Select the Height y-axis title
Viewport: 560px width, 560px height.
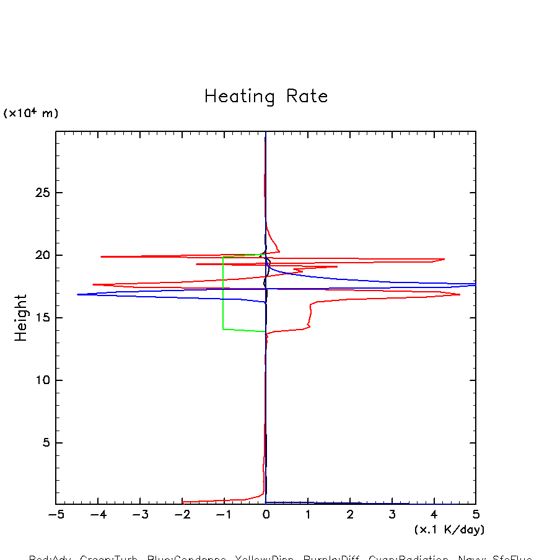click(22, 318)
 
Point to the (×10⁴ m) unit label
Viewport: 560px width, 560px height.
click(31, 113)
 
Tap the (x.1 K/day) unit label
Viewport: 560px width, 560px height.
click(449, 530)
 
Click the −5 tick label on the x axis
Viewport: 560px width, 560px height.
click(56, 515)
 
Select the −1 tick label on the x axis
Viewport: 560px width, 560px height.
click(224, 515)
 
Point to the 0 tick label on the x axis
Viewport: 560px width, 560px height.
click(266, 515)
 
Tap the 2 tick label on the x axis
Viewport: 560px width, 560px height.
click(350, 515)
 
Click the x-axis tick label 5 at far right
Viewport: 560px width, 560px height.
click(476, 515)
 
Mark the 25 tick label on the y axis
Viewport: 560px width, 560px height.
click(41, 193)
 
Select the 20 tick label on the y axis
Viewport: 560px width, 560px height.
click(41, 255)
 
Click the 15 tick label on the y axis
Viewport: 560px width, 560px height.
click(41, 318)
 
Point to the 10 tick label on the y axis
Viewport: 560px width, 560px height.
click(41, 380)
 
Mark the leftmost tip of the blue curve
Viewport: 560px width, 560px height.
click(77, 294)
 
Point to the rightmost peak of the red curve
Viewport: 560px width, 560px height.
click(460, 294)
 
